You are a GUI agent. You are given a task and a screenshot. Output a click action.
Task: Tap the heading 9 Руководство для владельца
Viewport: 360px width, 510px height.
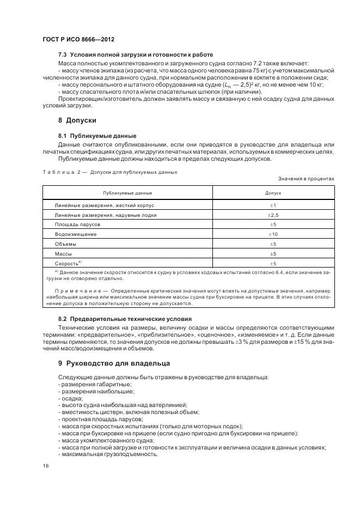(114, 363)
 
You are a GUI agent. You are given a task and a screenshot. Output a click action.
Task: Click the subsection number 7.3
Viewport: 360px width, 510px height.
(62, 55)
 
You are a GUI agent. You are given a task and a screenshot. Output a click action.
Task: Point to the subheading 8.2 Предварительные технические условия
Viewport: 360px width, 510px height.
(125, 318)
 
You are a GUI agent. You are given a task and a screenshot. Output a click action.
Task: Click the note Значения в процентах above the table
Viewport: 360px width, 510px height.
(306, 179)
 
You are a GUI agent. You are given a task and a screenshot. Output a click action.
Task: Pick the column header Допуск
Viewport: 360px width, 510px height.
(273, 193)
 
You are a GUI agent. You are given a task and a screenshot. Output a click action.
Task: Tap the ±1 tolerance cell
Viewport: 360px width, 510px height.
(273, 205)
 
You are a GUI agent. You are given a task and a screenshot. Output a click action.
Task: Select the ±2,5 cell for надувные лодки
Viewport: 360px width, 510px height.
(273, 215)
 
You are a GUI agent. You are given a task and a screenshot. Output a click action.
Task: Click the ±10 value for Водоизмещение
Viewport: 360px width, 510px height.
(273, 234)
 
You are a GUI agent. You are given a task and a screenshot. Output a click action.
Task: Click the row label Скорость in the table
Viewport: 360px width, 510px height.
(68, 263)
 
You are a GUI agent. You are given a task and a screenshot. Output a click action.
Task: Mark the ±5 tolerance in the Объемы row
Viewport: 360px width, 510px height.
(273, 244)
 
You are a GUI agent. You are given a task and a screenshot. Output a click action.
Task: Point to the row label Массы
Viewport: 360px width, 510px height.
(63, 254)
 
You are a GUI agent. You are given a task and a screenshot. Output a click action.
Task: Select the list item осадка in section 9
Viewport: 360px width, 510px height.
(71, 398)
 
